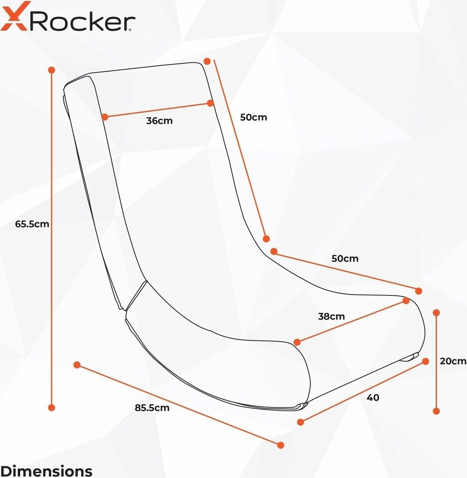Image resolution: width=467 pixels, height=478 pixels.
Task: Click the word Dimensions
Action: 46,471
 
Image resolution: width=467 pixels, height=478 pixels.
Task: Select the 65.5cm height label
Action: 32,224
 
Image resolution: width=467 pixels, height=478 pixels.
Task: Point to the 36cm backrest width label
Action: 159,121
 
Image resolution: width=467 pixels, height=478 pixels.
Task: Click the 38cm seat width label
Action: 331,316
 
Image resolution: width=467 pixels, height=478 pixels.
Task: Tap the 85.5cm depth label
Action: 152,408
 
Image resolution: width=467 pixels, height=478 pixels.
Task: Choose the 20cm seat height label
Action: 453,361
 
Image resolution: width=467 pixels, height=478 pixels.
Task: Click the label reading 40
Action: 373,398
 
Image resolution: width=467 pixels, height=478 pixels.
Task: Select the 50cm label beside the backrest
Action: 254,117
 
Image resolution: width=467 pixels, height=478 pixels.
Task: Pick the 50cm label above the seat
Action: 345,259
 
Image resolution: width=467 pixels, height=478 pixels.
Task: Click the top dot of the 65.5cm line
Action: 51,70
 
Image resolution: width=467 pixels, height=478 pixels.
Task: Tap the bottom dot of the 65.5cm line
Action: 51,407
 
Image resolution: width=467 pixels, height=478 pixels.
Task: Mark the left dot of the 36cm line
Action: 105,117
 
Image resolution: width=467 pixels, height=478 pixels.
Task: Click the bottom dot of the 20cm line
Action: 437,411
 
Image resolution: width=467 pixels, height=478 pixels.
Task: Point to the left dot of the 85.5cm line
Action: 77,365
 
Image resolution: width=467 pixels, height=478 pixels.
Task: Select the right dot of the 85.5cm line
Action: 281,445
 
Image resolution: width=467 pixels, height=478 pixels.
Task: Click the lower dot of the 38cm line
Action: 297,342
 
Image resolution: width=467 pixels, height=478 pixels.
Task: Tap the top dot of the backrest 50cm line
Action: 207,61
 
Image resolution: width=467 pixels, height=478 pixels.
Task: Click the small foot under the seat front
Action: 410,357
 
